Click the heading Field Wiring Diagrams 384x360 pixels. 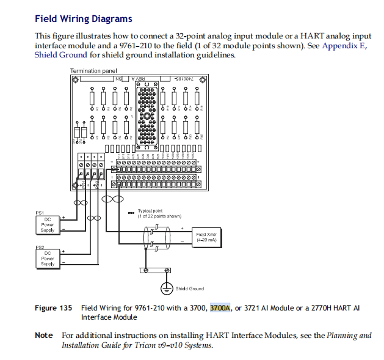(x=83, y=19)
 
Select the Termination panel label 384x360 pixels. (x=93, y=71)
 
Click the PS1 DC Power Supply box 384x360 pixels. (x=48, y=225)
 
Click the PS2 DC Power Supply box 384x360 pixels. (x=48, y=259)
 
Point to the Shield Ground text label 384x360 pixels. (x=189, y=288)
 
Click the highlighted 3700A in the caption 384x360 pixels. (x=220, y=308)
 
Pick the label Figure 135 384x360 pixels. (x=54, y=308)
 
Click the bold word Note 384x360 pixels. (x=44, y=336)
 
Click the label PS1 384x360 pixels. (x=40, y=213)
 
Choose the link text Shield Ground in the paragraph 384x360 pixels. (x=60, y=55)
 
